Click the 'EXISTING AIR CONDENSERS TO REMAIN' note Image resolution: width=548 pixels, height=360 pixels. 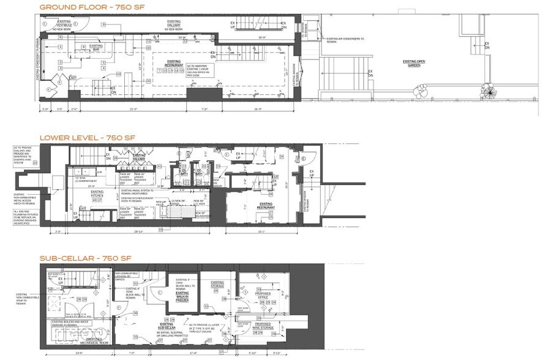[344, 39]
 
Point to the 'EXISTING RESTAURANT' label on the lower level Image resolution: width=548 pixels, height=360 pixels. [265, 205]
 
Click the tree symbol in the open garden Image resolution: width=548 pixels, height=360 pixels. [489, 91]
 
